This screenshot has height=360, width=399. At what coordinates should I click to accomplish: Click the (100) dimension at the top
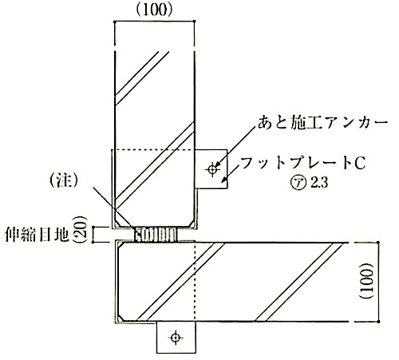154,10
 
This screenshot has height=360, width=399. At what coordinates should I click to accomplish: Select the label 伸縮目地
38,234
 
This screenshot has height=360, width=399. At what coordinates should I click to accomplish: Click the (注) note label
64,182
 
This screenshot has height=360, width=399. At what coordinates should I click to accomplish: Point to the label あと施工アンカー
322,124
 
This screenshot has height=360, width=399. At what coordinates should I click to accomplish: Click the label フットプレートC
302,162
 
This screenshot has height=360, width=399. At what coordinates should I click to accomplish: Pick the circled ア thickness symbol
298,183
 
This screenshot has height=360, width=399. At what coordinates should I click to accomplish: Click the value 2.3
319,183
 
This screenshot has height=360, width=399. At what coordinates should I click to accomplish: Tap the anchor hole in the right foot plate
212,168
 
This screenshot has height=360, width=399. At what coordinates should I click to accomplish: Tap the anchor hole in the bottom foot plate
176,338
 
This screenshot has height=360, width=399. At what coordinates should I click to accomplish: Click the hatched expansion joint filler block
156,234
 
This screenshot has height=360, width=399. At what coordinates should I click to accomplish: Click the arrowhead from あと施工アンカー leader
217,164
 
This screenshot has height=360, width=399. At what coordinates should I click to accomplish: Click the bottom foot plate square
176,338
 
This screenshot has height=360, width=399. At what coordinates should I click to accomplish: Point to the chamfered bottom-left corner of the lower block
120,318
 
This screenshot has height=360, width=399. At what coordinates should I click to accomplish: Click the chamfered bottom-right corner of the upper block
192,224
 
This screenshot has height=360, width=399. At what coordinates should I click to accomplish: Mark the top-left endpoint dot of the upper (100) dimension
115,22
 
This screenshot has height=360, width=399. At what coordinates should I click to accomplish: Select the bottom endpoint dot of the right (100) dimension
378,322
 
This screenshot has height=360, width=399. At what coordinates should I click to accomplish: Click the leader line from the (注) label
112,207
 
